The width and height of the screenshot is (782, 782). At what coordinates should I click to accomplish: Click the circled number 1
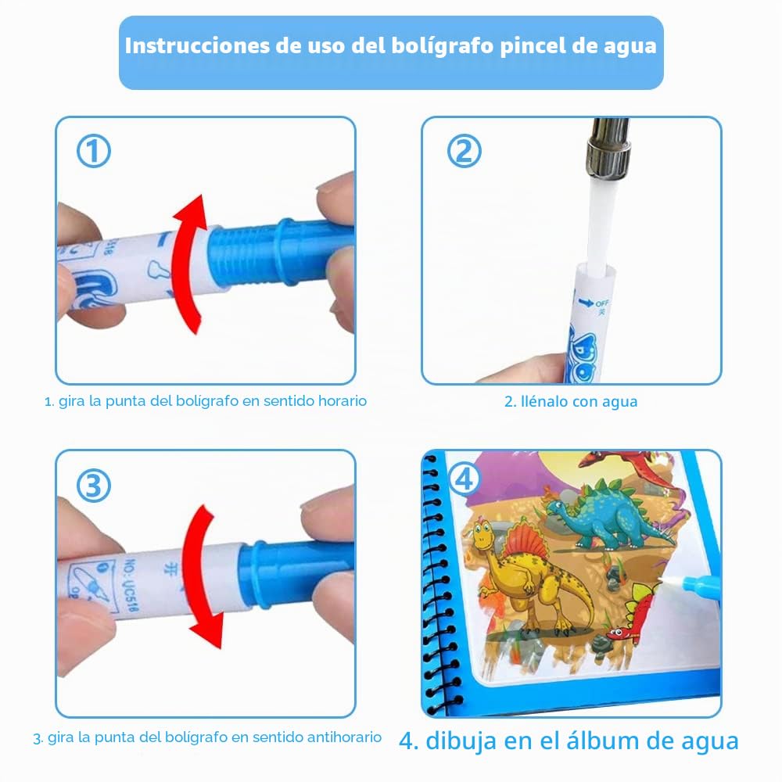tap(94, 152)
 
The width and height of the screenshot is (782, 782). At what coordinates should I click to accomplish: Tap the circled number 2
tap(464, 151)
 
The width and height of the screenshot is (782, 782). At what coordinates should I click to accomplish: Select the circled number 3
tap(93, 486)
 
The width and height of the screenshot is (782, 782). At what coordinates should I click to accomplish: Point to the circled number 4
tap(465, 479)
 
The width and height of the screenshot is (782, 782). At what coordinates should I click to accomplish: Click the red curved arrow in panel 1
tap(188, 264)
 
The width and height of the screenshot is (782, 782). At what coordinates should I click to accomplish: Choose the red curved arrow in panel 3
tap(200, 576)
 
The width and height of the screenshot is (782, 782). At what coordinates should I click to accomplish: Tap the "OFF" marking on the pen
tap(601, 303)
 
